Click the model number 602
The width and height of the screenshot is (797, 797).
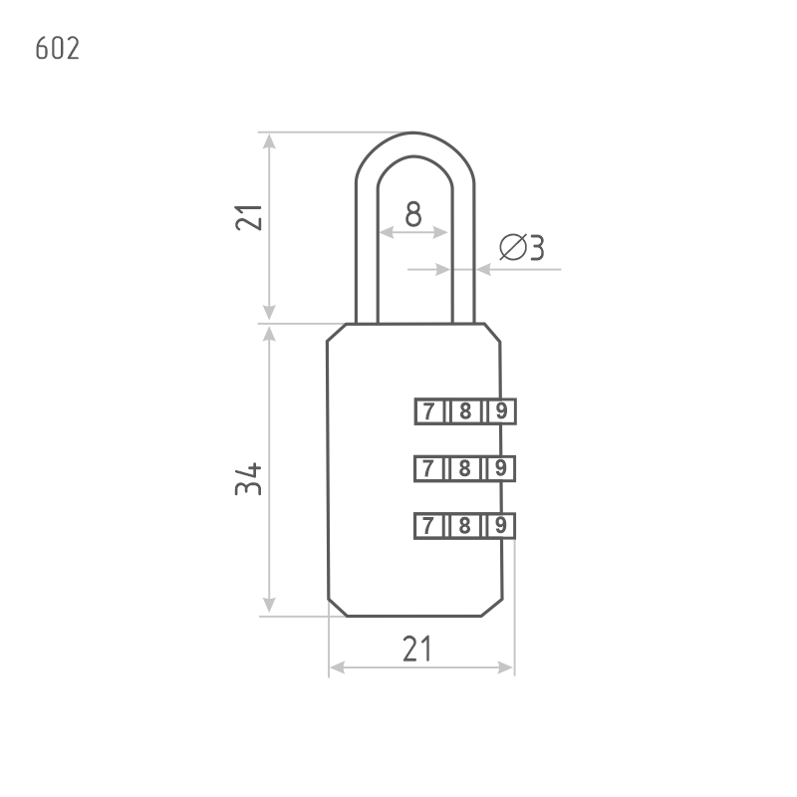tap(57, 49)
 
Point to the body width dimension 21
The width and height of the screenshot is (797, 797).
tap(417, 649)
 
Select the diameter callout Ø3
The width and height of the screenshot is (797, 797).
tap(520, 248)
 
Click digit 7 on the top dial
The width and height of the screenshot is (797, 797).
tap(428, 410)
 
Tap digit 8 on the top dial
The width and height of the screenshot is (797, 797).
tap(463, 410)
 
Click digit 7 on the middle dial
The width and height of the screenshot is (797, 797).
tap(428, 467)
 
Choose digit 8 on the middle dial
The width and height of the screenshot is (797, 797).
tap(463, 467)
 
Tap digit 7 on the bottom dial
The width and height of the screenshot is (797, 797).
tap(428, 525)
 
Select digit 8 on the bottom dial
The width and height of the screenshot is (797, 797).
tap(463, 525)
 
